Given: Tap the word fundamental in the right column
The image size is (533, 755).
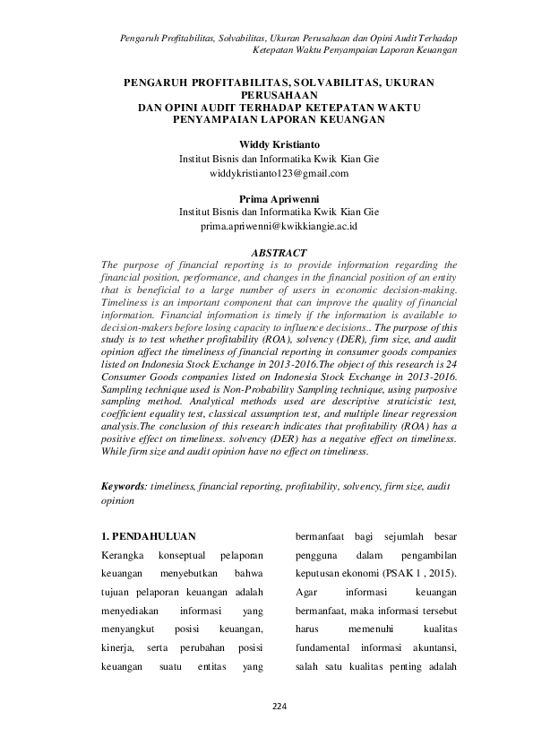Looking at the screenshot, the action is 322,648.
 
